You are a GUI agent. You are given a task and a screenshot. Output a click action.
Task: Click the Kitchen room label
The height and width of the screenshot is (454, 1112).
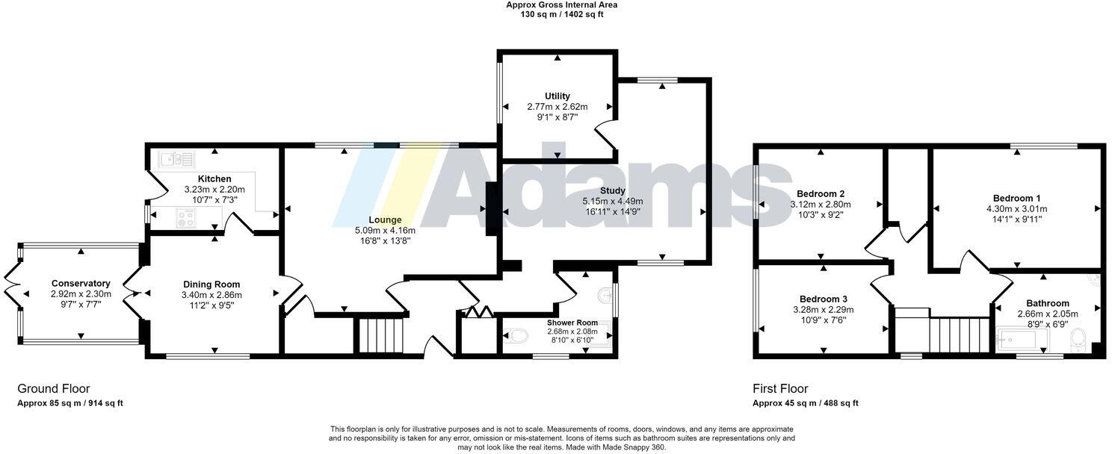[x=214, y=178]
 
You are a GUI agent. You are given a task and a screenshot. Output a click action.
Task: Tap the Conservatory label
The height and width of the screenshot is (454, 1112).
[x=81, y=283]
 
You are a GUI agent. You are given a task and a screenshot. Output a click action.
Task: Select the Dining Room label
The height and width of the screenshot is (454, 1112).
[x=211, y=284]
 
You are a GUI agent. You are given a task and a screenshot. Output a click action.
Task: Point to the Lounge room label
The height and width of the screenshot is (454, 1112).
[x=384, y=220]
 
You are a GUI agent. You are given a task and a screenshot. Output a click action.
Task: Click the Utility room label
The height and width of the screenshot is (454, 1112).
[x=557, y=96]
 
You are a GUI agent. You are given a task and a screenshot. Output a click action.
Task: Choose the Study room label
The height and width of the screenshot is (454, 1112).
[x=612, y=190]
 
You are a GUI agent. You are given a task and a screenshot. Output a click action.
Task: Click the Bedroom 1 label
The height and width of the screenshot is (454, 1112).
[x=1016, y=198]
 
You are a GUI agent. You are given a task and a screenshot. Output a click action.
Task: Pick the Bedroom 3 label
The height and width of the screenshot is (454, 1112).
[x=823, y=298]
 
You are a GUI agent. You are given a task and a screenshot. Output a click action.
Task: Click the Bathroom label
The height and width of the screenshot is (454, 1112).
[x=1047, y=303]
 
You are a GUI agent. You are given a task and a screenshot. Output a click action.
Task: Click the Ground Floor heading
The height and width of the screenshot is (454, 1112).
[x=53, y=388]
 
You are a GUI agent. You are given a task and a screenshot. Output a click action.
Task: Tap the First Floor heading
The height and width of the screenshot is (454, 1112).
[x=779, y=388]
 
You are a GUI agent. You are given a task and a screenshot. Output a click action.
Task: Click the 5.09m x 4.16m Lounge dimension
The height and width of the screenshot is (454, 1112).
[x=385, y=230]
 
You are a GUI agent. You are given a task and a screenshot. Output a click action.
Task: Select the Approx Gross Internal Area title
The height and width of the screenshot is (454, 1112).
[x=561, y=4]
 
